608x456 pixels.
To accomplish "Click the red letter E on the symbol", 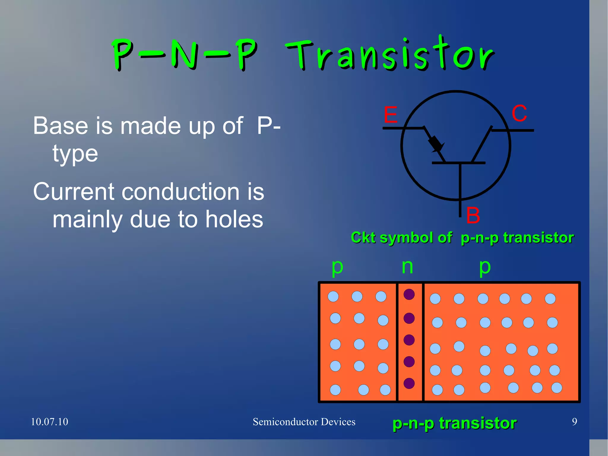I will coord(390,115).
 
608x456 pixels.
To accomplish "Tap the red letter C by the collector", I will coord(519,113).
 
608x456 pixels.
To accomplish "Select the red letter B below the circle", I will coord(473,215).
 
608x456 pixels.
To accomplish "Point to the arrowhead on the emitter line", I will coord(436,144).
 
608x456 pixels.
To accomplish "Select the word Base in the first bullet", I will coord(60,126).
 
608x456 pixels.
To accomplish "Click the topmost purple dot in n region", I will coord(409,294).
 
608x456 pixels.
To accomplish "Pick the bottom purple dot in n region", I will coord(409,383).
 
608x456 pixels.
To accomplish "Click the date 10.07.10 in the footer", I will coord(50,422).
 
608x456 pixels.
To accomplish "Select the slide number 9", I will coord(574,422).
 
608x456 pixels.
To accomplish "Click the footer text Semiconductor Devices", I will coord(304,422).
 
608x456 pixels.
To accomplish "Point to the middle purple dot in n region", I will coord(409,340).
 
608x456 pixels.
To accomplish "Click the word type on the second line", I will coord(75,154).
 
